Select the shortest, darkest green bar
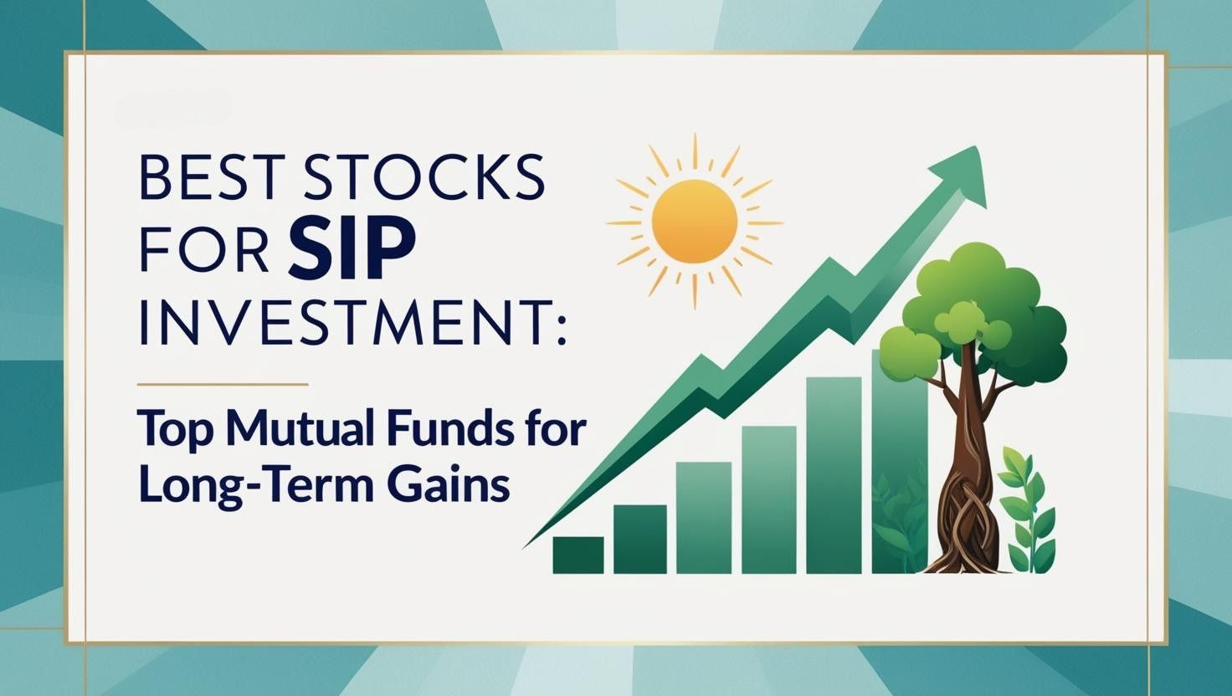[577, 555]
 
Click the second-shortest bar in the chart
[640, 539]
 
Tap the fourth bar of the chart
[768, 499]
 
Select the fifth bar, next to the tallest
[834, 474]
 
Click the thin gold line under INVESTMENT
[223, 385]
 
